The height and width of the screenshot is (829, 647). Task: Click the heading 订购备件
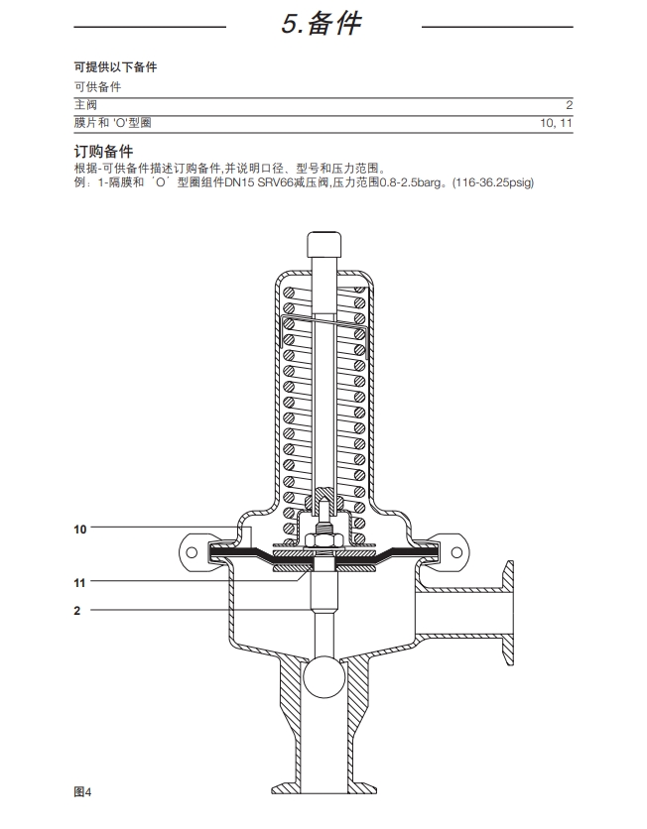[x=103, y=152]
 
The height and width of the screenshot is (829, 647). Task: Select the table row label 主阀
[x=85, y=104]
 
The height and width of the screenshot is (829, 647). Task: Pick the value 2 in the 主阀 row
[x=570, y=104]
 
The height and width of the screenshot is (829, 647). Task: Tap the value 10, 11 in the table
[x=556, y=123]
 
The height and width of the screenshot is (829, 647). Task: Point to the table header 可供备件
[x=97, y=87]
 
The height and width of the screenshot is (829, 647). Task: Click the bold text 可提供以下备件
[x=115, y=67]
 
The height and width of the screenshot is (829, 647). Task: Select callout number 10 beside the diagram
[x=80, y=530]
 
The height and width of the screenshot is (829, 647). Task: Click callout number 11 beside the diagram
[x=80, y=582]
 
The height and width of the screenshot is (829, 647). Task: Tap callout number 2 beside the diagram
[x=76, y=611]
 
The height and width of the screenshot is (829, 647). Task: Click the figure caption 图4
[x=82, y=791]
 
